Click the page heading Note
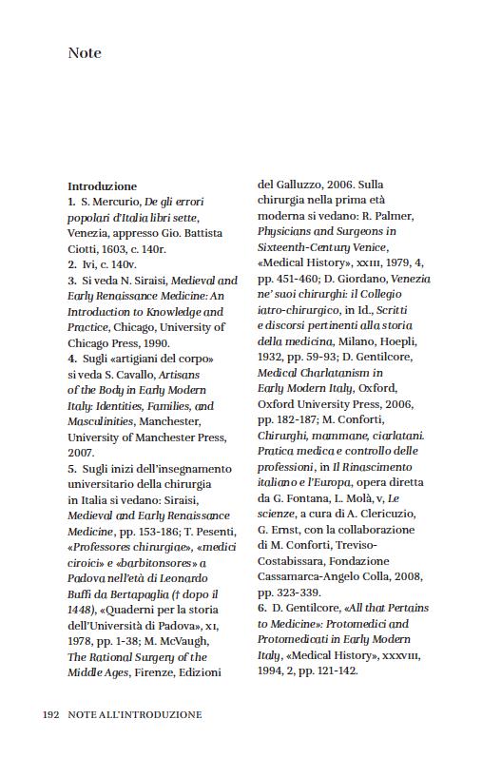coord(85,53)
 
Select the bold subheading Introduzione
coord(102,186)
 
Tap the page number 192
coord(52,713)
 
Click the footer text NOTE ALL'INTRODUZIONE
coord(135,713)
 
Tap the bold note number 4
coord(71,359)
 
